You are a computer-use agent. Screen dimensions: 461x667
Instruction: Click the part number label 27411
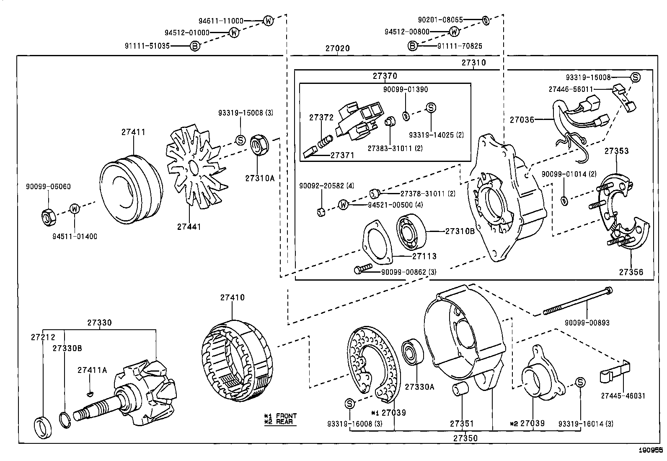coord(133,132)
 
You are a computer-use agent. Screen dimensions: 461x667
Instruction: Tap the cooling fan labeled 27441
coord(194,168)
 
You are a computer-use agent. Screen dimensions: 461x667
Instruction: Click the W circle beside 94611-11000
coord(268,20)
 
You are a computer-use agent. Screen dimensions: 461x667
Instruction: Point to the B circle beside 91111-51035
coord(195,46)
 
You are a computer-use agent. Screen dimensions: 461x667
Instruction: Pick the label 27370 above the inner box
coord(385,76)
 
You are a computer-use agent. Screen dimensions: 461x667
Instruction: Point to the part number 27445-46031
coord(623,396)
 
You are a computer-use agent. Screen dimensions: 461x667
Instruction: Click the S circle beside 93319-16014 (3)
coord(580,382)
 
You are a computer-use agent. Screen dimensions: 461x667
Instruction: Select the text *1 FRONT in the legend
coord(280,416)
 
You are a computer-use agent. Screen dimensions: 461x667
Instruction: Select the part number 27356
coord(631,272)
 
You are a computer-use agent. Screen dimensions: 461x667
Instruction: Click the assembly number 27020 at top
coord(337,48)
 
